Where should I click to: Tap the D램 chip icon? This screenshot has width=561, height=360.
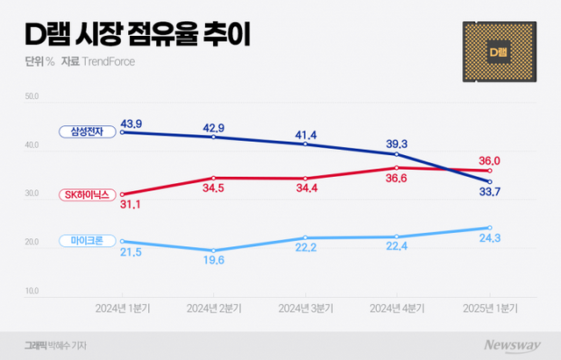tap(498, 53)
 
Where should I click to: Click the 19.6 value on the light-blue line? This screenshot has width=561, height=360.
tap(214, 258)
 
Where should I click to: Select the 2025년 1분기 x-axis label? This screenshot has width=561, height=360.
tap(489, 308)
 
